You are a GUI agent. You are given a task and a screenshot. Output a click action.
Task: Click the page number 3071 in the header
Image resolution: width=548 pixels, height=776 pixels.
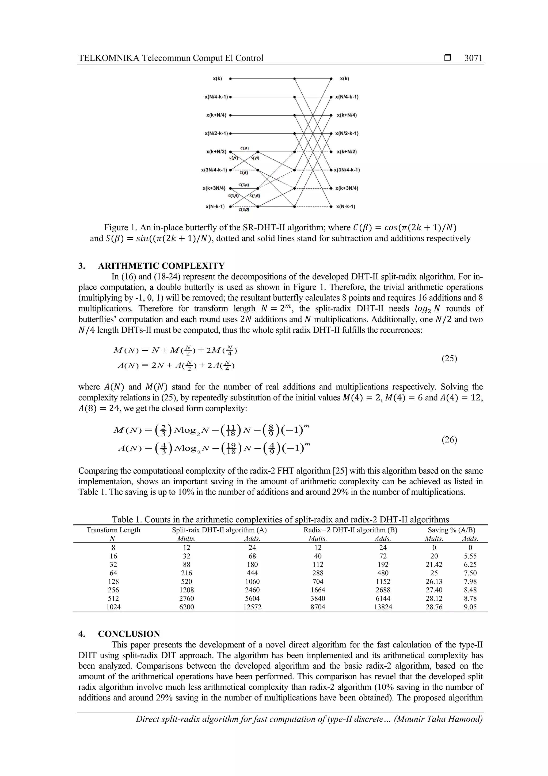tap(473, 58)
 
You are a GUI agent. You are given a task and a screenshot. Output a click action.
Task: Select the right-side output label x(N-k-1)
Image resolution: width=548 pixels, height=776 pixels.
tap(345, 207)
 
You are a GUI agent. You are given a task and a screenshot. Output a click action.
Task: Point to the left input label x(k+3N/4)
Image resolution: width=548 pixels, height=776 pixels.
tap(214, 188)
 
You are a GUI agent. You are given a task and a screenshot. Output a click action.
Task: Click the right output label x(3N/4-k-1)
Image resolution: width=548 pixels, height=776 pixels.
tap(347, 170)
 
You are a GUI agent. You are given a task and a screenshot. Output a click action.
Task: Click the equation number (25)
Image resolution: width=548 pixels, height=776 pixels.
tap(449, 358)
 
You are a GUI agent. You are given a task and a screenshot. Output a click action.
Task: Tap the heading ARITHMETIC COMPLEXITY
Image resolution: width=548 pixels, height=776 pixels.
tap(161, 266)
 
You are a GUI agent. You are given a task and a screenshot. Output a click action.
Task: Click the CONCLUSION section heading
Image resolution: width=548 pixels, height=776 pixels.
tap(129, 634)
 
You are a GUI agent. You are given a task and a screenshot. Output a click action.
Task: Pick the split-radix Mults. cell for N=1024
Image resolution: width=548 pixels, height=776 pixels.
tap(187, 607)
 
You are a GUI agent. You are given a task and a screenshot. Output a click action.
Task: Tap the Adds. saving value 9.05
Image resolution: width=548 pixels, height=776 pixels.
tap(470, 607)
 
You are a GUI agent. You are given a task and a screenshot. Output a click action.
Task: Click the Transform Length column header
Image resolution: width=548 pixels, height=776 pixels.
tap(113, 530)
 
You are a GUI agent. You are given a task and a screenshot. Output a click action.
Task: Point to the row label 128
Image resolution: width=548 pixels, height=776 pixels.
tap(113, 581)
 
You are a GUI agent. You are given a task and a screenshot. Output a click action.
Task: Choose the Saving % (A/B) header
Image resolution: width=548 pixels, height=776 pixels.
tap(451, 530)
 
